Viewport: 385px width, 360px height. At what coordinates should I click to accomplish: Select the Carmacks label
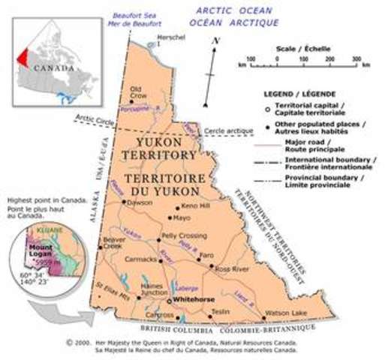[141, 260]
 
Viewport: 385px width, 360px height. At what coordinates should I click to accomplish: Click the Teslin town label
[219, 310]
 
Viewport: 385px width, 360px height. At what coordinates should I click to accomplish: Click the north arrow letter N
[215, 40]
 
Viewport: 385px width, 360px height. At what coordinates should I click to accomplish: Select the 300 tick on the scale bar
[356, 58]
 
